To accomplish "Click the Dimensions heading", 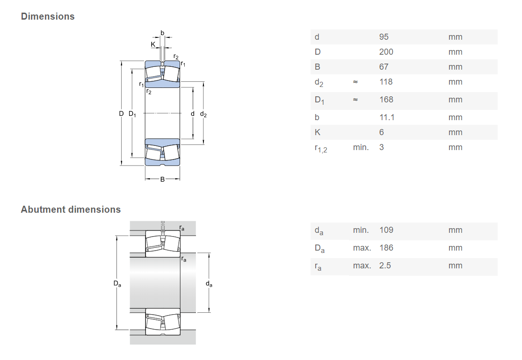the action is click(x=48, y=16).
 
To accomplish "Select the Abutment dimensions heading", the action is click(x=71, y=209).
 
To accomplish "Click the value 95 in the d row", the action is click(x=384, y=37).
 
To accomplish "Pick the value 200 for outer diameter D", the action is click(x=386, y=52).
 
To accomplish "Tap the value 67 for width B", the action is click(x=384, y=67).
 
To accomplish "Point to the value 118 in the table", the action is click(x=386, y=82).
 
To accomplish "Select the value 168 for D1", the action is click(x=386, y=100).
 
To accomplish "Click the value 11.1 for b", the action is click(x=386, y=117).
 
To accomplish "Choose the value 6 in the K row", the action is click(x=382, y=132).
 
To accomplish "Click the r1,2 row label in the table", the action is click(x=321, y=148).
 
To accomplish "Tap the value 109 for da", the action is click(x=386, y=230).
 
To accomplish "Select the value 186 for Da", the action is click(x=386, y=248).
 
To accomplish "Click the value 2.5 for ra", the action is click(x=385, y=266).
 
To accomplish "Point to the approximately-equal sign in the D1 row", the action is click(x=355, y=100).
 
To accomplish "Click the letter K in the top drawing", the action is click(x=153, y=44).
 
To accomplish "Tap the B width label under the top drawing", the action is click(x=162, y=180).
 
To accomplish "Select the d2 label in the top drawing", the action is click(x=203, y=115).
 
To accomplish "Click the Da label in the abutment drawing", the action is click(x=117, y=283).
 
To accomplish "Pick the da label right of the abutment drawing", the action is click(x=209, y=283).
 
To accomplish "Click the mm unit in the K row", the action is click(x=456, y=132).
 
